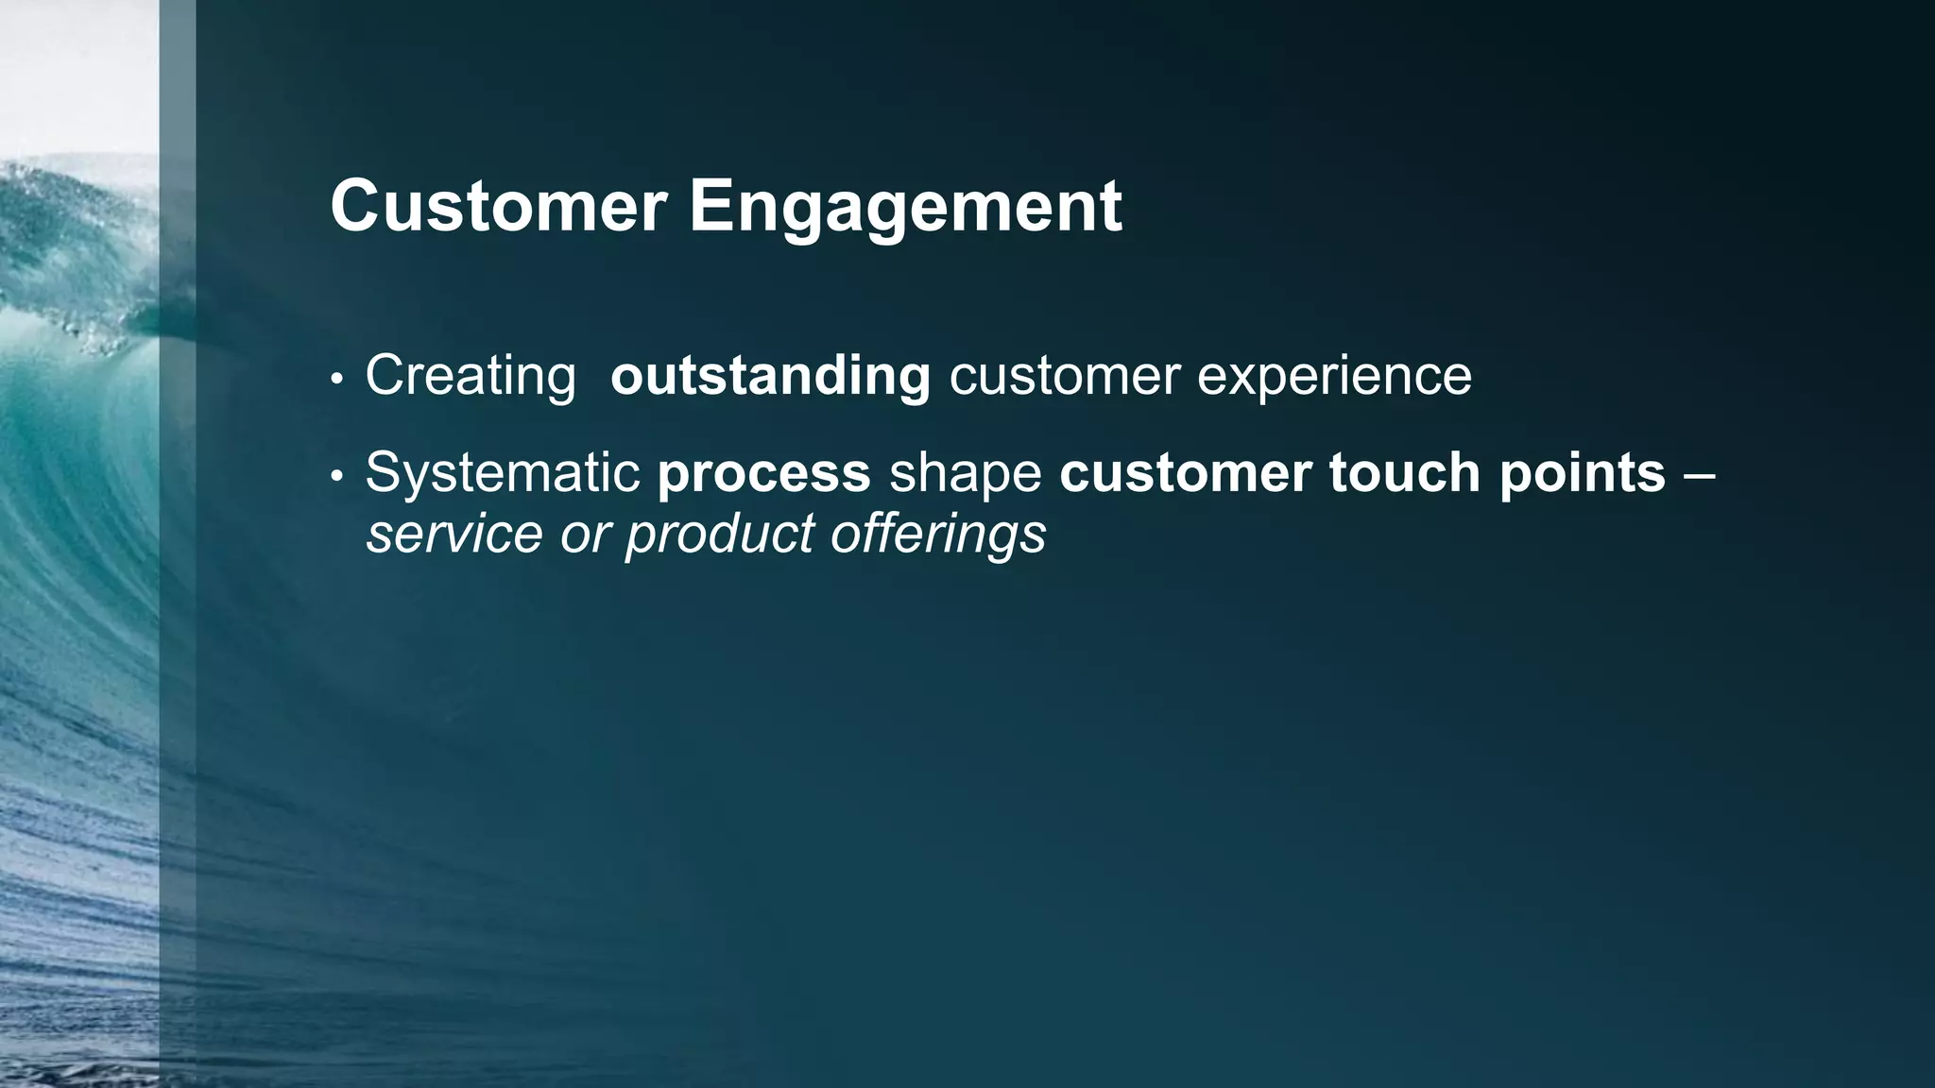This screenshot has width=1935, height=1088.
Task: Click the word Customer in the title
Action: coord(498,206)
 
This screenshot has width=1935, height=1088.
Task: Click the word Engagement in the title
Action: coord(904,208)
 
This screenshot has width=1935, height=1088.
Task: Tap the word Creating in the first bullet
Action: coord(470,377)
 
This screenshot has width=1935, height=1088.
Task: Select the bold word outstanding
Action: coord(770,377)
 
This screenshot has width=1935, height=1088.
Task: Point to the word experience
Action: coord(1334,377)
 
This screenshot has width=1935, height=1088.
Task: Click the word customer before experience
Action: coord(1064,377)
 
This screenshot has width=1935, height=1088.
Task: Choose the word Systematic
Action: coord(503,473)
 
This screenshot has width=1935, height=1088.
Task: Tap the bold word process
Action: coord(763,473)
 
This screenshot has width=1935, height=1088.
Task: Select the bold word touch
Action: coord(1404,473)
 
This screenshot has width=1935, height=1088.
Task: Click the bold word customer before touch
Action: coord(1185,473)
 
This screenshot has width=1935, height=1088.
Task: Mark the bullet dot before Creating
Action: coord(336,380)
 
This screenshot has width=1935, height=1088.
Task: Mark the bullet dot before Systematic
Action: coord(336,477)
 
